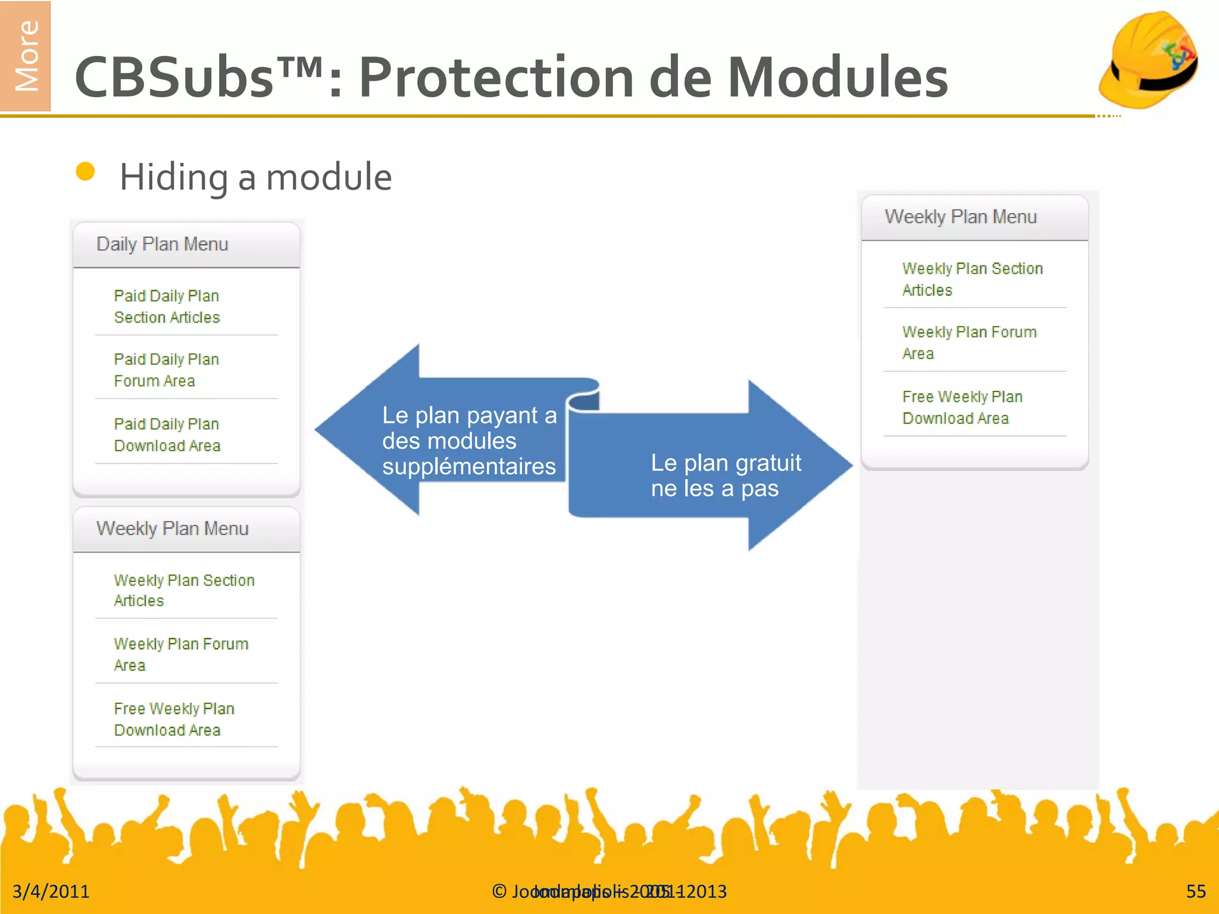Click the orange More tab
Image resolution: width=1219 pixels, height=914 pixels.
pyautogui.click(x=25, y=56)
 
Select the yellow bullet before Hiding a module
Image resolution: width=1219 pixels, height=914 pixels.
pyautogui.click(x=86, y=171)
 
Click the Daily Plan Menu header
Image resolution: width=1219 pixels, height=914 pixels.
pyautogui.click(x=162, y=245)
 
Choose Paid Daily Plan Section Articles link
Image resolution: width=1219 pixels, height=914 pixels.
pyautogui.click(x=167, y=306)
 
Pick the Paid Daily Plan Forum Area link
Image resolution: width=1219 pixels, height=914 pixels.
pyautogui.click(x=166, y=370)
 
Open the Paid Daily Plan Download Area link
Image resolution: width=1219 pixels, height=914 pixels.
pyautogui.click(x=167, y=434)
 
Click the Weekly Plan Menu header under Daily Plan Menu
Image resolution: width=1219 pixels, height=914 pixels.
pyautogui.click(x=172, y=528)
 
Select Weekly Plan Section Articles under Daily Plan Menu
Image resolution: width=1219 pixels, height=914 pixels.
pyautogui.click(x=183, y=590)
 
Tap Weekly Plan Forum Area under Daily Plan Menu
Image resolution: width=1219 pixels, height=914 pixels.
pyautogui.click(x=180, y=654)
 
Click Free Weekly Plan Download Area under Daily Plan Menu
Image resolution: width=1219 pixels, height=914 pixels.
pyautogui.click(x=173, y=719)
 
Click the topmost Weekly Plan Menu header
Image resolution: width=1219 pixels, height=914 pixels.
pyautogui.click(x=960, y=217)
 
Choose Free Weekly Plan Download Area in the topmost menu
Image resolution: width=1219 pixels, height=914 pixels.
pyautogui.click(x=961, y=407)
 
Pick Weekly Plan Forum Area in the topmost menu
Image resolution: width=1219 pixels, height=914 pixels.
pyautogui.click(x=968, y=342)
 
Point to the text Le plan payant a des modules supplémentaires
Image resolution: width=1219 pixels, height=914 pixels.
pyautogui.click(x=469, y=441)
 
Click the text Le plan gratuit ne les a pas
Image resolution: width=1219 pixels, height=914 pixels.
pyautogui.click(x=726, y=475)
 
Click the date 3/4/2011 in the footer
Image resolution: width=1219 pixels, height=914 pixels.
pyautogui.click(x=51, y=891)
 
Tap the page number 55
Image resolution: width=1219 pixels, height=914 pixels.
pyautogui.click(x=1195, y=891)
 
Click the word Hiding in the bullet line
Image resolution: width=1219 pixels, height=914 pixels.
pyautogui.click(x=173, y=177)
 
